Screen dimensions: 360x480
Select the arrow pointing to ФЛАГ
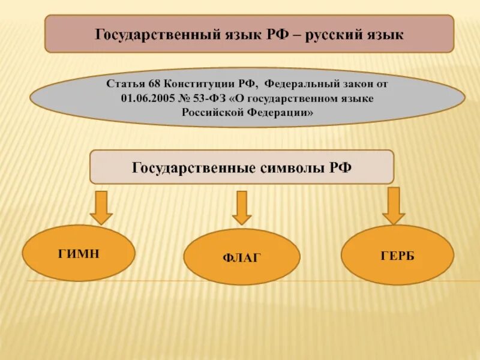coord(242,208)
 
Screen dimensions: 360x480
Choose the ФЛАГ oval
coord(241,257)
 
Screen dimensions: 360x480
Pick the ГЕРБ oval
coord(397,255)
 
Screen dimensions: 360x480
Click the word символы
coord(292,167)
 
